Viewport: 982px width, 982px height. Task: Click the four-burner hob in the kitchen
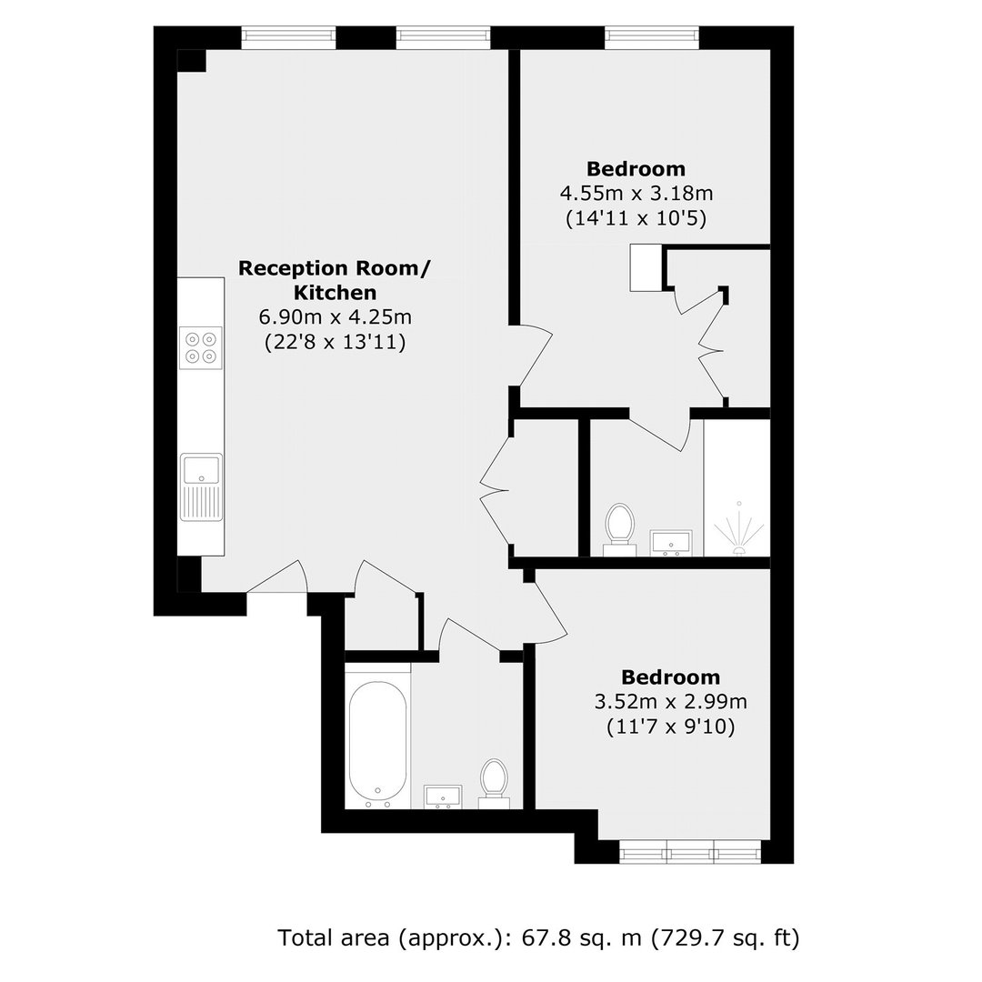pos(200,347)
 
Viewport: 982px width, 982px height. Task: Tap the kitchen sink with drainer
pos(201,487)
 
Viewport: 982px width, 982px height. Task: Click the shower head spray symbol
pos(739,529)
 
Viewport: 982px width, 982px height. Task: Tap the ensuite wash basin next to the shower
pos(671,543)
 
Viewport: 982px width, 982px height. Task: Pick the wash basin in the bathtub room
pos(444,797)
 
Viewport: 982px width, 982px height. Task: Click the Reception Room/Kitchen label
pos(335,280)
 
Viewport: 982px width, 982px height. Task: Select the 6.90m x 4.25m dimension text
pos(335,317)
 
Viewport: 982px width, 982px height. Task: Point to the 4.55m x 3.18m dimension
pos(636,193)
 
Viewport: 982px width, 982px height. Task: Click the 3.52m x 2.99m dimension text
pos(671,701)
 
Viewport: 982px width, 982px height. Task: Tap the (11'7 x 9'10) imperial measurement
pos(671,726)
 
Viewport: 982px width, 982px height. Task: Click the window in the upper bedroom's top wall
pos(652,37)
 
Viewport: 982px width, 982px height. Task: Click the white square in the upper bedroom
pos(646,267)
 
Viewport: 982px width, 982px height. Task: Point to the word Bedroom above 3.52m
pos(671,677)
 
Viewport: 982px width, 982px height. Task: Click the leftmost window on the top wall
pos(289,37)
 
